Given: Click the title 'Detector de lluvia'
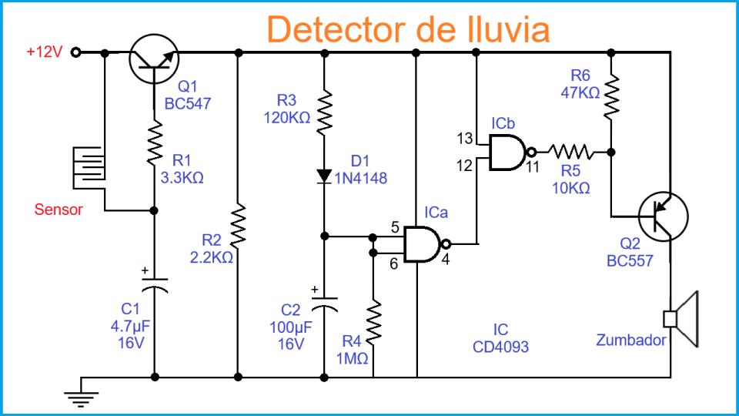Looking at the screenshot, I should click(408, 29).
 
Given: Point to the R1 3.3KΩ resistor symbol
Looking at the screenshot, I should click(155, 143).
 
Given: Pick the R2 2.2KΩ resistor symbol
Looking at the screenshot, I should click(239, 228).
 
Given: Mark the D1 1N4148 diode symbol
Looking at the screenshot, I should click(324, 176).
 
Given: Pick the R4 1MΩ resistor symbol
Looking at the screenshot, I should click(373, 324).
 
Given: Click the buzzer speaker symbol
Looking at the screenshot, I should click(681, 318).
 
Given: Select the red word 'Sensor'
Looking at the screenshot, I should click(59, 210).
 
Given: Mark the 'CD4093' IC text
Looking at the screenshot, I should click(500, 347).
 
